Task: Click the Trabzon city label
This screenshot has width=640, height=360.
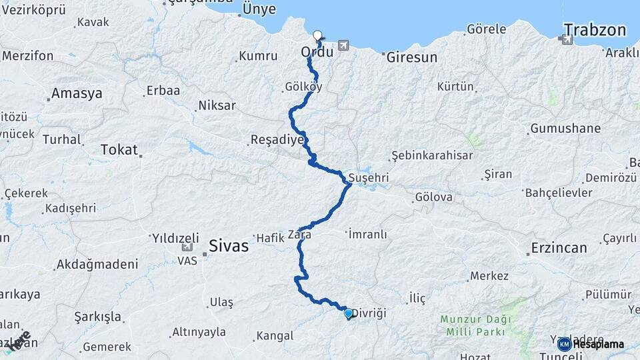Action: click(595, 29)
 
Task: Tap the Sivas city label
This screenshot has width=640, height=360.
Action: click(228, 246)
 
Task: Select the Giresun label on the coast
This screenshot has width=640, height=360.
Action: click(412, 58)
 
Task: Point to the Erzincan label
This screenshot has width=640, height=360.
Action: click(559, 248)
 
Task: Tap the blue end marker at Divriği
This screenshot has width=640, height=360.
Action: click(348, 313)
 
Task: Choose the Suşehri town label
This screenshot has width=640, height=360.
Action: click(368, 179)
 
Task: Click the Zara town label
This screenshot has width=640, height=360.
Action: click(299, 235)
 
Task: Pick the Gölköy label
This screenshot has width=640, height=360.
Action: click(303, 87)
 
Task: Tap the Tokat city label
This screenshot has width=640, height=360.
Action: click(119, 150)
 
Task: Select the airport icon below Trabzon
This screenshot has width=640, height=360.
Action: click(567, 40)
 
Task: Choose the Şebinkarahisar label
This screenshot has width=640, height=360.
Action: click(432, 155)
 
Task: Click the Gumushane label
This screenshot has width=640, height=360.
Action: click(565, 129)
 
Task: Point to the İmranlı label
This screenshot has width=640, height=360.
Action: click(367, 234)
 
